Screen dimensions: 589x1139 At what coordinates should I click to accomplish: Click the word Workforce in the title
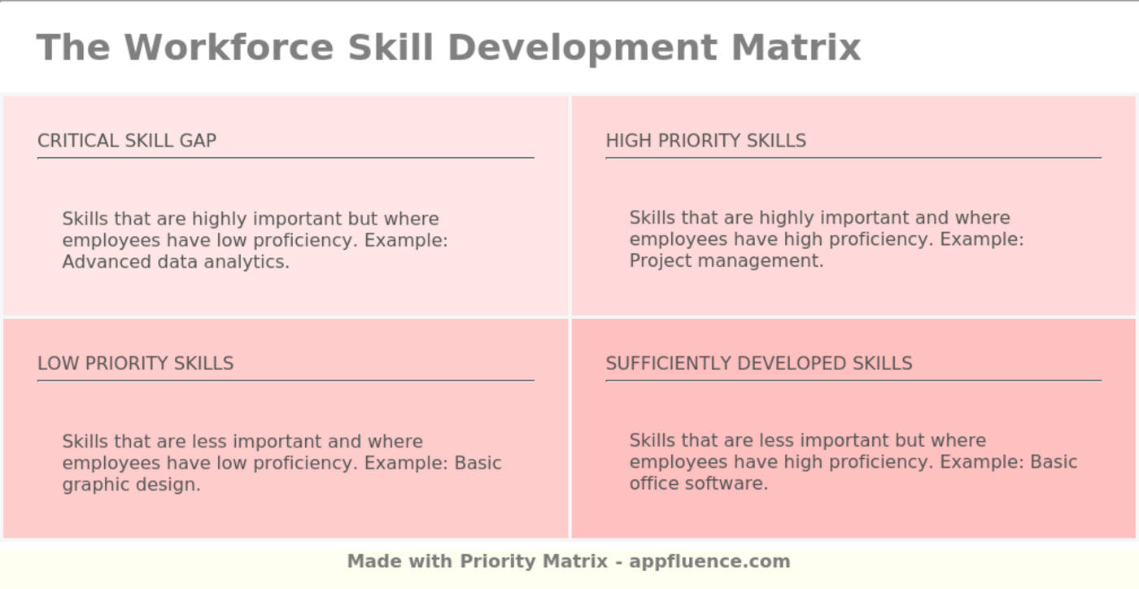coord(229,47)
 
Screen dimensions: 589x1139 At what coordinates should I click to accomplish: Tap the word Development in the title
coord(583,47)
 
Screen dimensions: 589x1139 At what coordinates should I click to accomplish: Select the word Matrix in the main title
coord(796,47)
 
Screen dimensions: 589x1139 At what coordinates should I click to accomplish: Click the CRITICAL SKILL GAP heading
coord(127,141)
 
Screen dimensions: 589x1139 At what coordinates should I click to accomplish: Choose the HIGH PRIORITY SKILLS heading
coord(705,141)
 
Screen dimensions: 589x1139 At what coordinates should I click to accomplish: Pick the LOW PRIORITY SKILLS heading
coord(135,364)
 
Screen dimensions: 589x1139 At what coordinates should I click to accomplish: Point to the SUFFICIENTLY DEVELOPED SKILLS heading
coord(758,364)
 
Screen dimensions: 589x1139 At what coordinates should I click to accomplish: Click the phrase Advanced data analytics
coord(176,262)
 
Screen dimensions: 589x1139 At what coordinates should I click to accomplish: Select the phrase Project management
coord(726,261)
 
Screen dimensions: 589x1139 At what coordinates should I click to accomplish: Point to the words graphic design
coord(130,485)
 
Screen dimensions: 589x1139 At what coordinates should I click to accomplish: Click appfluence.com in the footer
coord(709,561)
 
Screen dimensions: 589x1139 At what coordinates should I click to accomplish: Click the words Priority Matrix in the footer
coord(534,561)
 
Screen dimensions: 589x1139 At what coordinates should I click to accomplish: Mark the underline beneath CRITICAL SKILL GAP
coord(286,158)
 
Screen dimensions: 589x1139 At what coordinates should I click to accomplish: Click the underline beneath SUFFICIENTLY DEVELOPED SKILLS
coord(853,380)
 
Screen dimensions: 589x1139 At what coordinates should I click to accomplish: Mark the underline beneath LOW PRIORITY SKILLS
coord(286,380)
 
